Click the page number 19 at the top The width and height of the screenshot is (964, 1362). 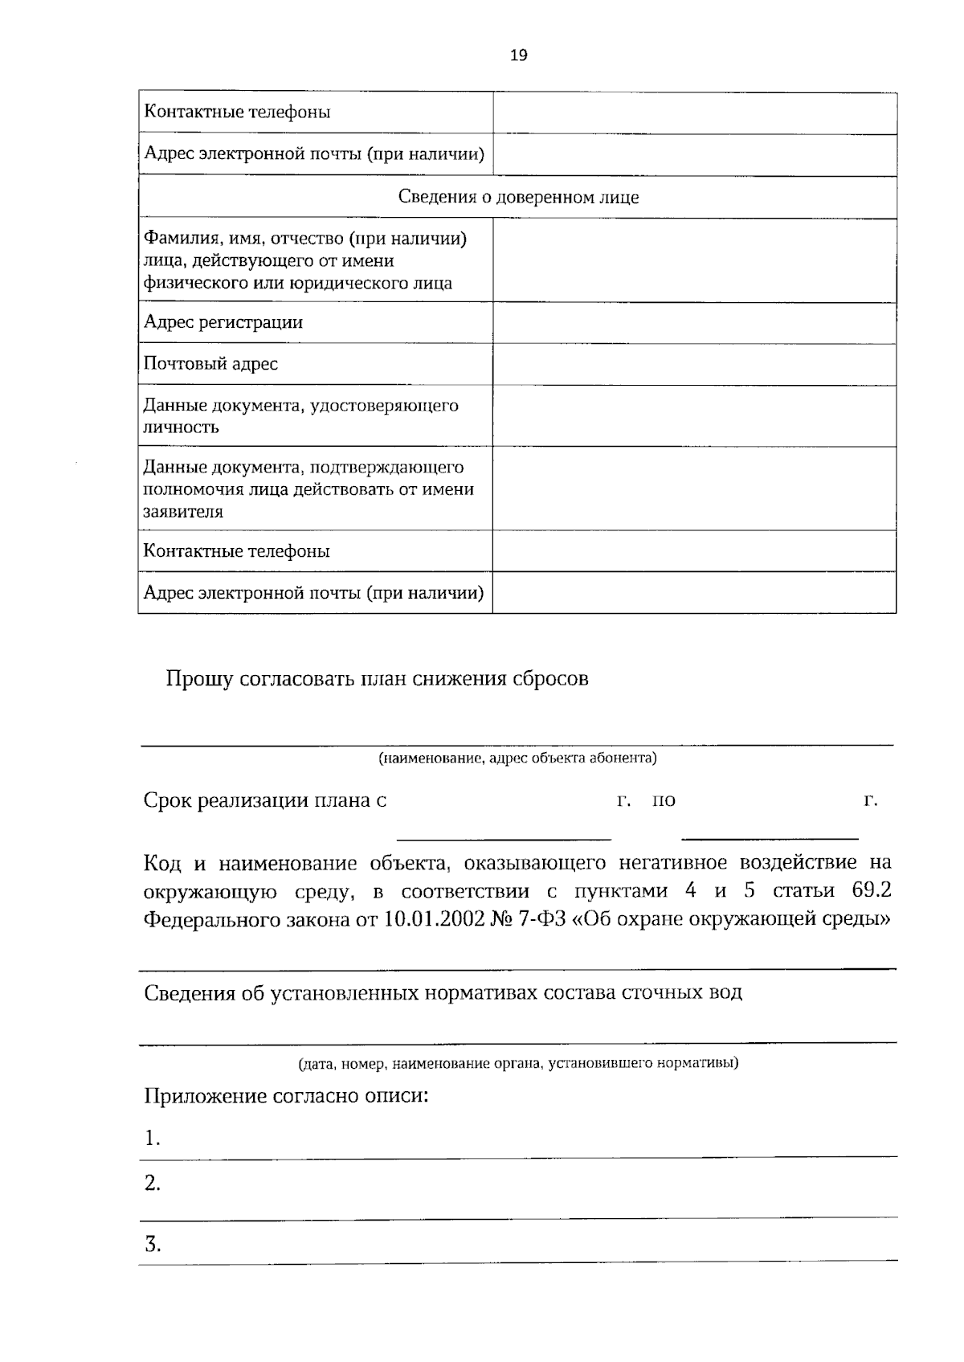(x=518, y=55)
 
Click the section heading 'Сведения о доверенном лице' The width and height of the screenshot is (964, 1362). (x=518, y=197)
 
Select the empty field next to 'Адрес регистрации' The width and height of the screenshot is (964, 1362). (x=693, y=323)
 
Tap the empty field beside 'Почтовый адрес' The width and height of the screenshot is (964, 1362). (x=693, y=364)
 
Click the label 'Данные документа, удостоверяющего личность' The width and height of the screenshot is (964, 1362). (x=300, y=415)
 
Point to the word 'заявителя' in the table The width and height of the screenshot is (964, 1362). (x=183, y=512)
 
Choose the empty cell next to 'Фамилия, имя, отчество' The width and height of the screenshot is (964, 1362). (x=693, y=260)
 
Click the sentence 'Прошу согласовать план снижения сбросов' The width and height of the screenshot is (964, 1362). (x=377, y=679)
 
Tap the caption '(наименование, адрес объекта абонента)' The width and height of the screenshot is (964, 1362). (x=517, y=758)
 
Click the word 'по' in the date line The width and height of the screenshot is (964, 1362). (x=664, y=800)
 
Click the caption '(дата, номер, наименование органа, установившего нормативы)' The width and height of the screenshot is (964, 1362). (x=518, y=1064)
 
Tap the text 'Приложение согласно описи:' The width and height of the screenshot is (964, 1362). (x=285, y=1096)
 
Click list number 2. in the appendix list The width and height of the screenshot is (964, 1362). (x=153, y=1184)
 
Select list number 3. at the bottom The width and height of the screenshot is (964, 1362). (x=153, y=1245)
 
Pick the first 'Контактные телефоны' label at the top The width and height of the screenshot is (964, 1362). (x=237, y=112)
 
